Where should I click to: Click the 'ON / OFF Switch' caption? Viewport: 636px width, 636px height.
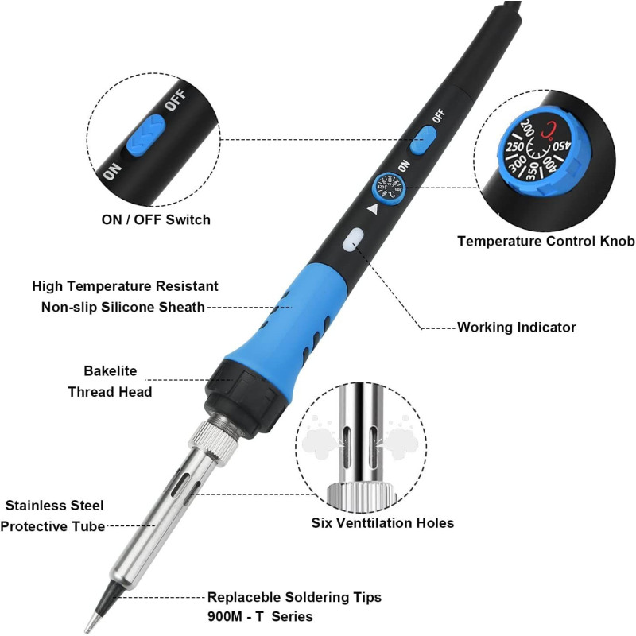point(156,220)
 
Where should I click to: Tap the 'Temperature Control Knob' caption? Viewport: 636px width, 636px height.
point(546,241)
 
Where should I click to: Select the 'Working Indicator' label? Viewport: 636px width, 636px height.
point(516,328)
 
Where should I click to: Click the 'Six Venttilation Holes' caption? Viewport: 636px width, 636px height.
point(382,523)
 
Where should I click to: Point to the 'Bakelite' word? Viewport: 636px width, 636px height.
point(111,370)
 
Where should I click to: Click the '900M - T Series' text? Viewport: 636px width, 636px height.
point(260,617)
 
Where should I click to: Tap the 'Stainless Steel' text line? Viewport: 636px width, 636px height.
point(54,506)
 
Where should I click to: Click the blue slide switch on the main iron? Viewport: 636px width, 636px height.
point(422,140)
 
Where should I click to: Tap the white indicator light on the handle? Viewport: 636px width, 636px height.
point(353,239)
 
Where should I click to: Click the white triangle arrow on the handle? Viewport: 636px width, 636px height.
point(373,210)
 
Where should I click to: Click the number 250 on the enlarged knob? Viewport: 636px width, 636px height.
point(514,146)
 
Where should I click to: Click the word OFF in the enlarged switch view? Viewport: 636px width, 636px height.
point(175,100)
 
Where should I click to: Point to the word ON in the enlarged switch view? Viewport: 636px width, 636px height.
point(112,172)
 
